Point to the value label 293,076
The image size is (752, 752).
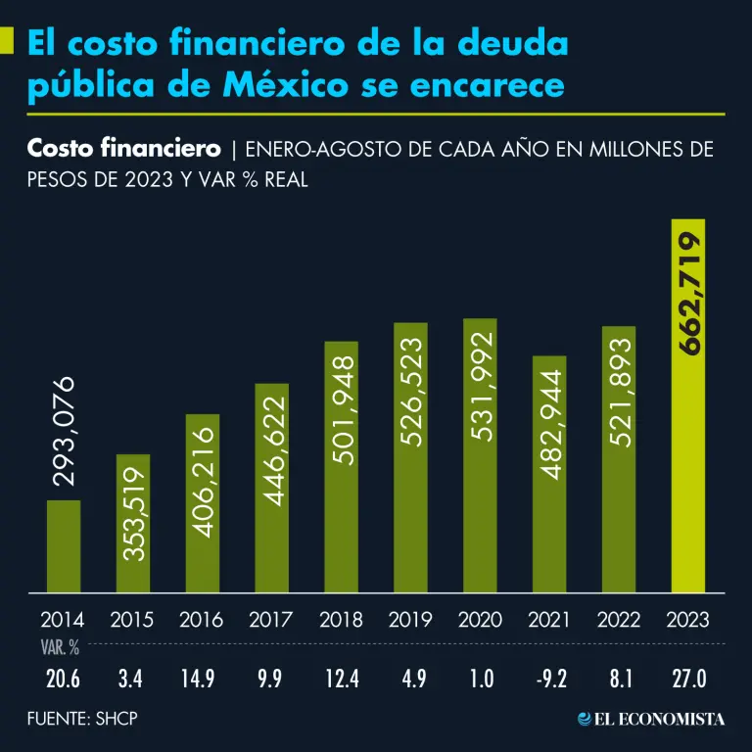pyautogui.click(x=65, y=431)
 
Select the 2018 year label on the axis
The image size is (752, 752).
pyautogui.click(x=341, y=620)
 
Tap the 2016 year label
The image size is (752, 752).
pyautogui.click(x=202, y=620)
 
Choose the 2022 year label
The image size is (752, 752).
pyautogui.click(x=619, y=620)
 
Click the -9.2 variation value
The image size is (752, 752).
pyautogui.click(x=549, y=678)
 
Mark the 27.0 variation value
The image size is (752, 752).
pyautogui.click(x=688, y=678)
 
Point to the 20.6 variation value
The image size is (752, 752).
pyautogui.click(x=63, y=678)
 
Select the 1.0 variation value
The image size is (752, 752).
pyautogui.click(x=480, y=678)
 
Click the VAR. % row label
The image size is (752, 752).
pyautogui.click(x=60, y=647)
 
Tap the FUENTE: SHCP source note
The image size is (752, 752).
pyautogui.click(x=82, y=719)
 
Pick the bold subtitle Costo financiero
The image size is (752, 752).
pyautogui.click(x=123, y=149)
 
